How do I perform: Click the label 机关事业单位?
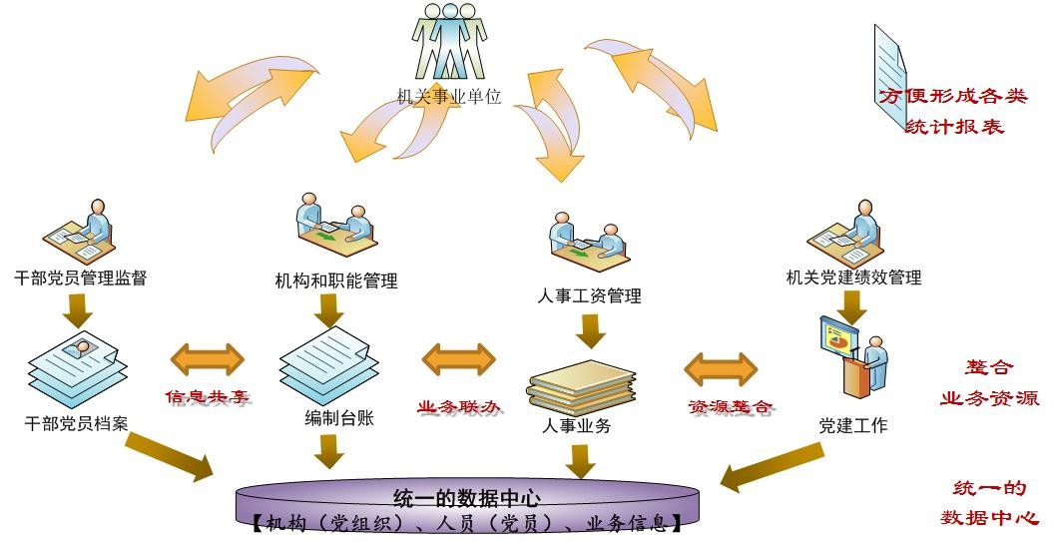point(448,97)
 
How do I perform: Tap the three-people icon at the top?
point(449,42)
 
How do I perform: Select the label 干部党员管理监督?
point(81,277)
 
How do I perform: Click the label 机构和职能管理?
point(336,280)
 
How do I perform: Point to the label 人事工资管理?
point(589,295)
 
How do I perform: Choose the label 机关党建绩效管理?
point(853,277)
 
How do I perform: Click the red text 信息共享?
point(207,397)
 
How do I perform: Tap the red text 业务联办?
point(458,407)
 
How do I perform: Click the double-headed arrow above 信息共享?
point(208,358)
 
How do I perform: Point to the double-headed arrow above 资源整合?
point(721,367)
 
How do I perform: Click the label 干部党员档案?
point(77,422)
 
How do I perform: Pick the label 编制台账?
point(339,417)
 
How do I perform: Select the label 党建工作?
point(853,426)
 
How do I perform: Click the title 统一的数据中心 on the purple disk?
point(467,497)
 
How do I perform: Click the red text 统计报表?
point(954,127)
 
